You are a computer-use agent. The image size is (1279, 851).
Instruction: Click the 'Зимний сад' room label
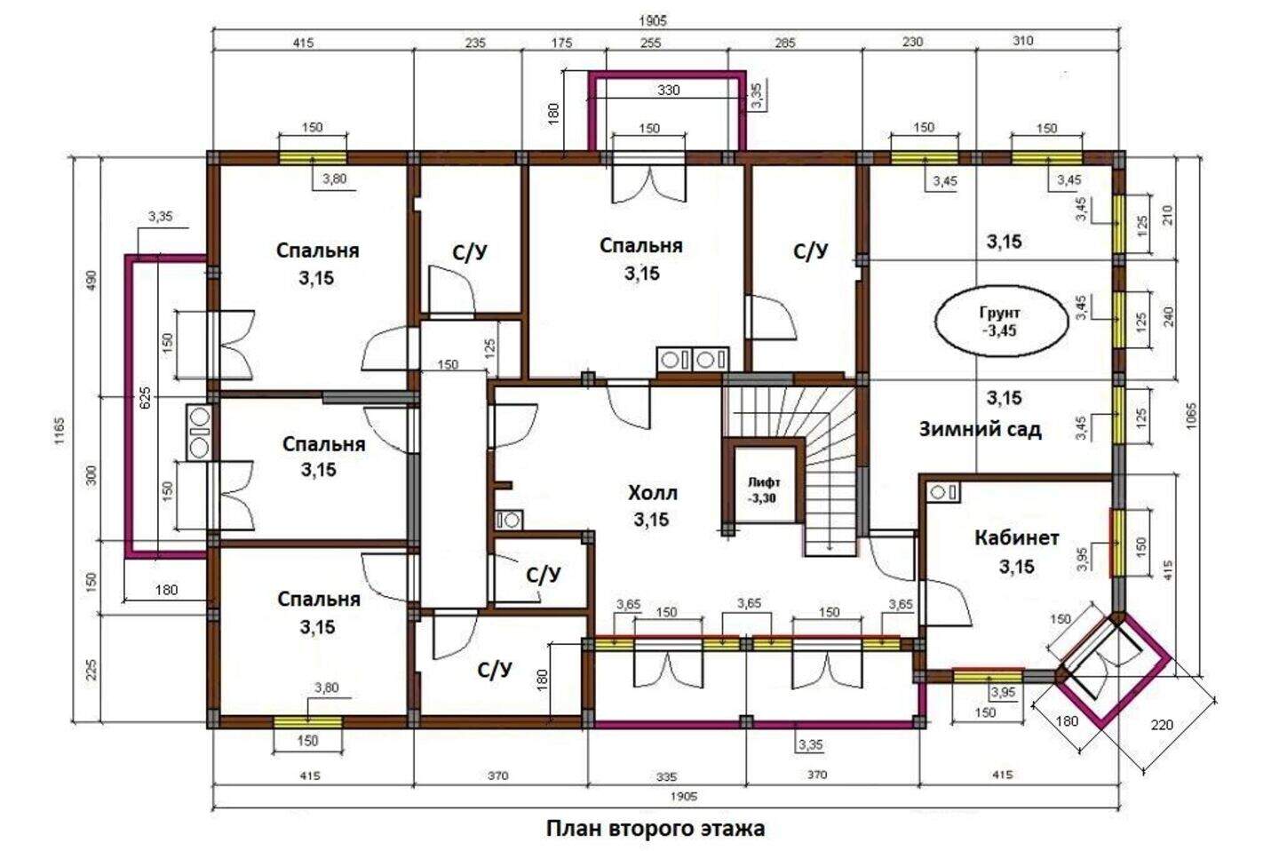point(981,430)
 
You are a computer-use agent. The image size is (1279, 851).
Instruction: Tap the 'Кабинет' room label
point(1017,537)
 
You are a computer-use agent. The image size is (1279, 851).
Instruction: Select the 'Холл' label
point(653,492)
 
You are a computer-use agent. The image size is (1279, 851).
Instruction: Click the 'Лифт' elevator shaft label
point(764,482)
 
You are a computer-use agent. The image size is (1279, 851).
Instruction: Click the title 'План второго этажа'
point(655,829)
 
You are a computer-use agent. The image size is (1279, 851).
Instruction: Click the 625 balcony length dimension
point(145,397)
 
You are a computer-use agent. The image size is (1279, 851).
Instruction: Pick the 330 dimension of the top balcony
point(669,91)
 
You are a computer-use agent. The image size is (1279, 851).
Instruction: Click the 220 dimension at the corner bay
point(1162,725)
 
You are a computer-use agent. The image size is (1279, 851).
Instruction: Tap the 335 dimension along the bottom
point(666,776)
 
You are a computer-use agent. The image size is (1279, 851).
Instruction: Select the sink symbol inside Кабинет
point(943,492)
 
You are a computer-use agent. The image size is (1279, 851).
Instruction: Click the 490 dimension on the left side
point(91,279)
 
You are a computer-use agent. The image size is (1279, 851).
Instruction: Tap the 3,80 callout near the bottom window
point(327,688)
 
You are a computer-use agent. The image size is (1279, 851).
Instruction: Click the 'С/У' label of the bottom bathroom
point(495,670)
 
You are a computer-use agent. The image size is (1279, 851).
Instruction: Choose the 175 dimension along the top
point(561,43)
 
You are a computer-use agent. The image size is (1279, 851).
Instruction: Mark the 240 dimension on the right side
point(1169,317)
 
